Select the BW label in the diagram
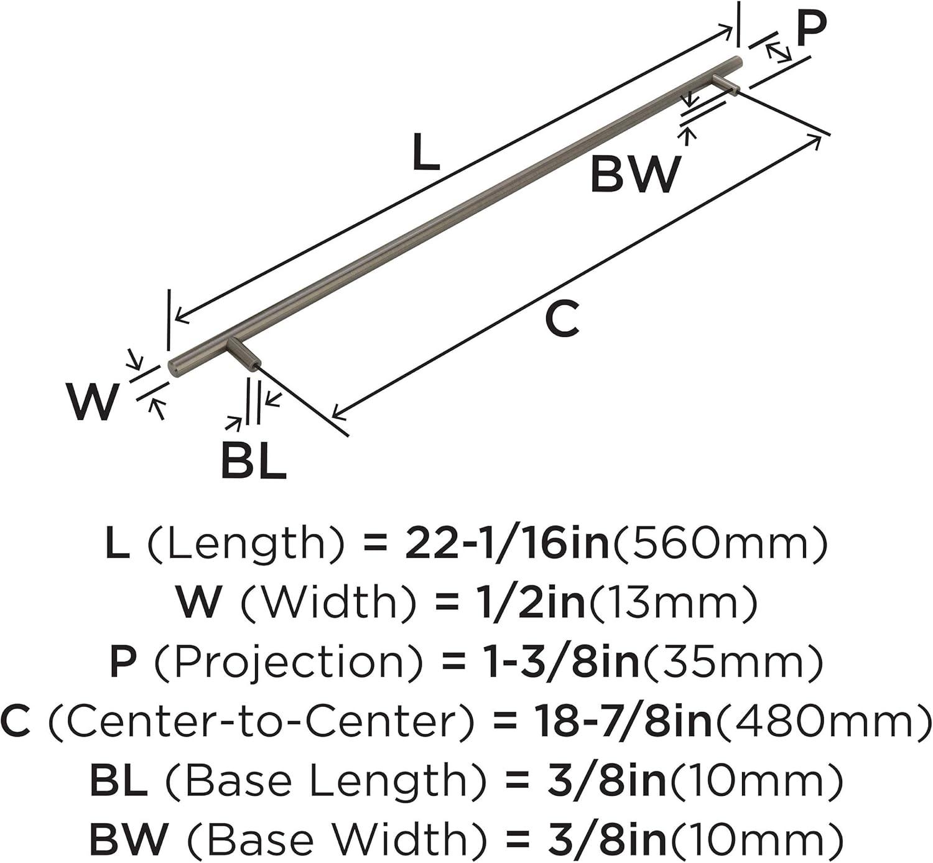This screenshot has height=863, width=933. tap(636, 174)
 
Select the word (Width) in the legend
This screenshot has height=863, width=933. tap(328, 603)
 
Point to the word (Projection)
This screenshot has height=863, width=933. tap(279, 662)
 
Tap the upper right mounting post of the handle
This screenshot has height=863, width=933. tap(726, 83)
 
